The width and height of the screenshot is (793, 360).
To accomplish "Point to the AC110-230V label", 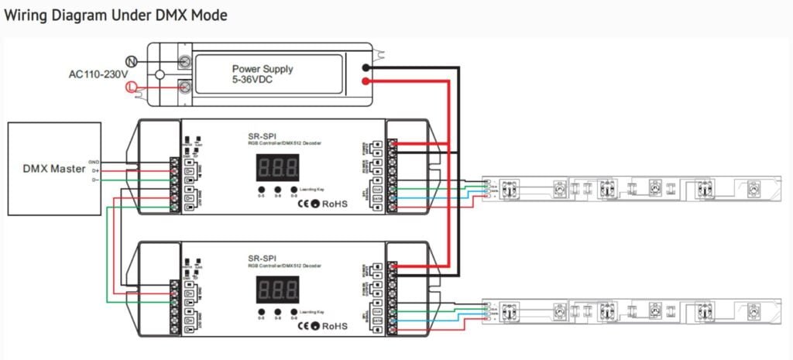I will pyautogui.click(x=98, y=74).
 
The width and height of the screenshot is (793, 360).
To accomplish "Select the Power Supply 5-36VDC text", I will pyautogui.click(x=263, y=74).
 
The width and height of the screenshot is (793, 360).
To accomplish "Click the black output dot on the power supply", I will pyautogui.click(x=366, y=67).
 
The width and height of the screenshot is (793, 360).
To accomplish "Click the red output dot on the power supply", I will pyautogui.click(x=366, y=81).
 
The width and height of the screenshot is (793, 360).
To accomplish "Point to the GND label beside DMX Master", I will pyautogui.click(x=94, y=161).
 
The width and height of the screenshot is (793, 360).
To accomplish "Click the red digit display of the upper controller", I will pyautogui.click(x=278, y=167).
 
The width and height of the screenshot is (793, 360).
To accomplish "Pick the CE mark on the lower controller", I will pyautogui.click(x=304, y=326).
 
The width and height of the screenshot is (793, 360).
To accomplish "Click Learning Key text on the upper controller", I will pyautogui.click(x=311, y=189).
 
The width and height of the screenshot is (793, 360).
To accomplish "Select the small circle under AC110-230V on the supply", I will pyautogui.click(x=160, y=74).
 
